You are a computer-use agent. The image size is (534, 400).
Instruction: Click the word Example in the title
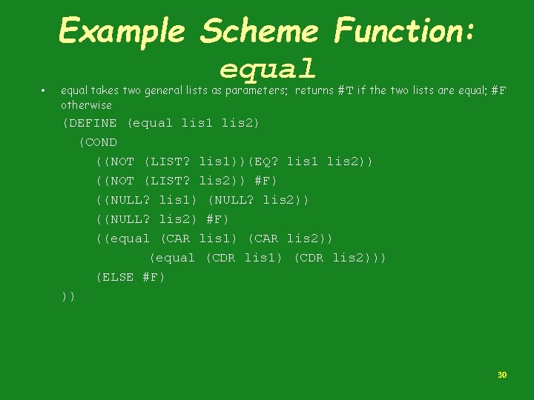(x=122, y=32)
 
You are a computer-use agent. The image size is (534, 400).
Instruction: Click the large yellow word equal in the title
(x=268, y=69)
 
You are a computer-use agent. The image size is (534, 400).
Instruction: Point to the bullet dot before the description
(x=44, y=91)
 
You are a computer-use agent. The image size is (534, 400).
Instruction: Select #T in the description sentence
(x=345, y=91)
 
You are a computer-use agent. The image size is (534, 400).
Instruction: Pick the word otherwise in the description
(x=86, y=105)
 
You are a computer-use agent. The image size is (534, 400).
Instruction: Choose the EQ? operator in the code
(x=266, y=161)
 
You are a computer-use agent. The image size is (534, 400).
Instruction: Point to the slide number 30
(x=502, y=376)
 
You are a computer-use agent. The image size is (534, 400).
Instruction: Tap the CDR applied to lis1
(x=220, y=258)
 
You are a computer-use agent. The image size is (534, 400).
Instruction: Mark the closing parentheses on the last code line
(x=69, y=296)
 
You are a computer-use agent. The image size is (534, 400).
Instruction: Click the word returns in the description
(x=314, y=91)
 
